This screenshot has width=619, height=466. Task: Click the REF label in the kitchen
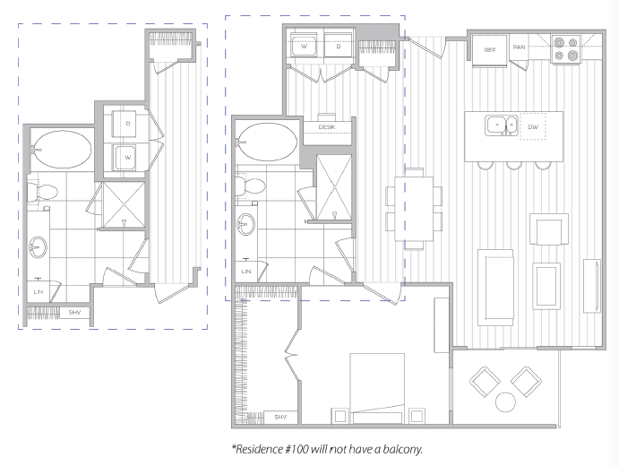[489, 50]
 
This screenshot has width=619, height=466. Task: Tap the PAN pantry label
[519, 47]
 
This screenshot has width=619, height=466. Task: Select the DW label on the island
[533, 126]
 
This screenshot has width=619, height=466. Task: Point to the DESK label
[327, 126]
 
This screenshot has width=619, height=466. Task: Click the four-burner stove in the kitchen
[566, 49]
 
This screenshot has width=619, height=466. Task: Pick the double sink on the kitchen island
[502, 125]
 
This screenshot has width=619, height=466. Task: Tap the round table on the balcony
[505, 402]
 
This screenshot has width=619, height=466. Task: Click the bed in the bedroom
[377, 388]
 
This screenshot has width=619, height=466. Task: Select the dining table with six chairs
[414, 209]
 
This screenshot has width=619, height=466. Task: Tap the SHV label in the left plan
[74, 313]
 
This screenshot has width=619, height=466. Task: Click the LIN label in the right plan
[246, 272]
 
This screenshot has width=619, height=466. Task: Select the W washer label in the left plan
[128, 157]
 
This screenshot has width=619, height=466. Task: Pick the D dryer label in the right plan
[339, 47]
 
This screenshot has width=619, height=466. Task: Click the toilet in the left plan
[42, 192]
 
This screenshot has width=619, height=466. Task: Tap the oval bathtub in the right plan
[267, 142]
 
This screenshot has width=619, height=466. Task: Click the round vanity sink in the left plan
[39, 247]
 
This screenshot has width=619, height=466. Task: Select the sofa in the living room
[495, 287]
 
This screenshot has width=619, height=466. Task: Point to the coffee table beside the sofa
[546, 286]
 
